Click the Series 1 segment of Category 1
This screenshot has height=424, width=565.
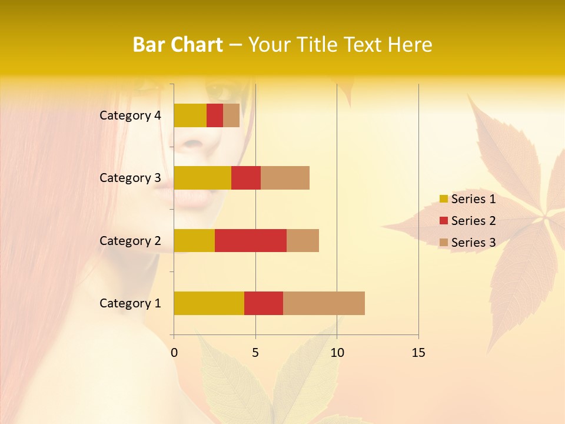coord(209,303)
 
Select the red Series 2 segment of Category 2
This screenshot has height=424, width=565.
coord(251,240)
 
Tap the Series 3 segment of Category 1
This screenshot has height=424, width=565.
coord(324,303)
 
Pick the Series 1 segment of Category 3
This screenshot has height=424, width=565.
coord(202,178)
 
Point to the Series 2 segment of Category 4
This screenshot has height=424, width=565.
coord(215,115)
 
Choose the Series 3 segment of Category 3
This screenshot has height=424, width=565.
coord(285,178)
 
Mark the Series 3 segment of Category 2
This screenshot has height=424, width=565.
coord(303,240)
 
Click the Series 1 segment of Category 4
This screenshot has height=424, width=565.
coord(190,115)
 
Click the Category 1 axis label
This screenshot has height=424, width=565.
coord(130,303)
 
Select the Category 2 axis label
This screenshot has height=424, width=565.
coord(130,241)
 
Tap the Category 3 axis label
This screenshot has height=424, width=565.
coord(130,178)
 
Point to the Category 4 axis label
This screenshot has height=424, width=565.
coord(130,115)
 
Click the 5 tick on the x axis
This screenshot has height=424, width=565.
coord(255,353)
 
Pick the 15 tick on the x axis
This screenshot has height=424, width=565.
coord(418,353)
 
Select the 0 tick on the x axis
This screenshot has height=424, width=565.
coord(174,353)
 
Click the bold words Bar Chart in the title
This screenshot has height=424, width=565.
coord(178,45)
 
